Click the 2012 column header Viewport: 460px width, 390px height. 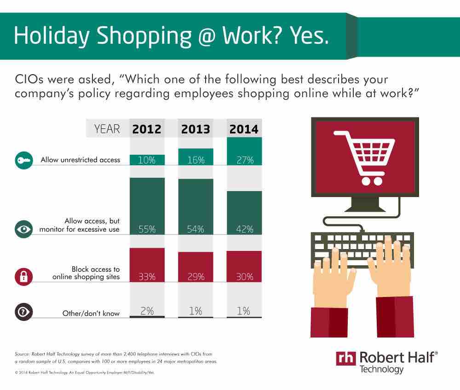[147, 129]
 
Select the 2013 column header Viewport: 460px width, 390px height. [195, 129]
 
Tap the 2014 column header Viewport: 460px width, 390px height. [244, 129]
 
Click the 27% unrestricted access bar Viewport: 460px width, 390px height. [244, 151]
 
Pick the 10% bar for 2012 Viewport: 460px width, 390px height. [147, 160]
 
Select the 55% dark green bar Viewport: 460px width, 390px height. [147, 206]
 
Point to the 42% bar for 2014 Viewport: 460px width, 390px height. [244, 213]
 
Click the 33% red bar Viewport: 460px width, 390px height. [147, 265]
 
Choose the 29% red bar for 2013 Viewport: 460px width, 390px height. [195, 267]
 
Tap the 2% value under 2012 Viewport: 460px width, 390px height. [147, 311]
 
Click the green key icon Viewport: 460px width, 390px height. [24, 160]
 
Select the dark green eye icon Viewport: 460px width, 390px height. [24, 229]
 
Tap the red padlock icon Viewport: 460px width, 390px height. [24, 277]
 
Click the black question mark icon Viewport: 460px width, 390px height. [24, 312]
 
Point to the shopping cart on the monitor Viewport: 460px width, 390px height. [365, 157]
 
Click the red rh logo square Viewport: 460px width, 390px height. [346, 358]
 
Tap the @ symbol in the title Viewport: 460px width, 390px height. [207, 36]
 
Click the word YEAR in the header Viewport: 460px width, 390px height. [107, 129]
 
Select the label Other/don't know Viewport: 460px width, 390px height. [91, 314]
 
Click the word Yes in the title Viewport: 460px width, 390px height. [310, 35]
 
